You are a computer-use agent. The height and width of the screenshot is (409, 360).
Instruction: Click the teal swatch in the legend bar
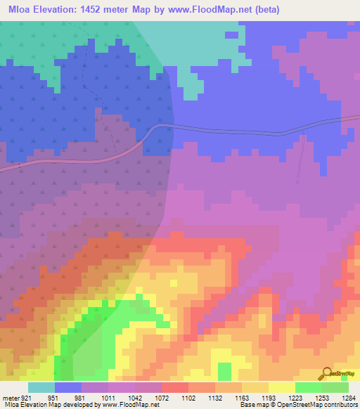point(41,388)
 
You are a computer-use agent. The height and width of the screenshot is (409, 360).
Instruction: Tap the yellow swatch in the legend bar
point(282,388)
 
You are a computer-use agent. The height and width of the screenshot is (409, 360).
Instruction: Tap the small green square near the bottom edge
point(224,370)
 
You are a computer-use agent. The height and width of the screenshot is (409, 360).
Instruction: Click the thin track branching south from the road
point(302,158)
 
